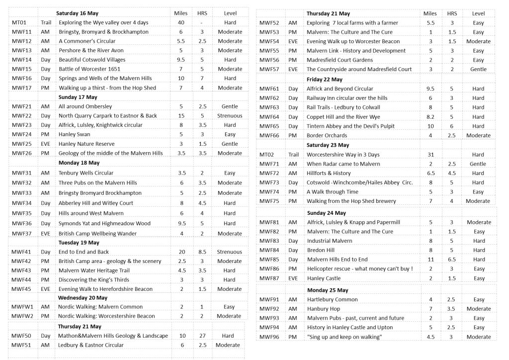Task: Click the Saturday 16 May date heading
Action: (78, 13)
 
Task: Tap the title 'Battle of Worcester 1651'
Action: (89, 69)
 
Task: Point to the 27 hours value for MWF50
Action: (202, 336)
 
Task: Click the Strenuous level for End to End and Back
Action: (229, 252)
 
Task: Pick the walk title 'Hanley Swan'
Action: (75, 134)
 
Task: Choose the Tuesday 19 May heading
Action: (79, 243)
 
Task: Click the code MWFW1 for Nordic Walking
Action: (22, 307)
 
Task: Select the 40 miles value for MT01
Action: (181, 22)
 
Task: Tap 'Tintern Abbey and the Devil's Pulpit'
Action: (350, 126)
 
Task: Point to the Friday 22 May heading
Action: (324, 80)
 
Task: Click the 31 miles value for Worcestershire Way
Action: (430, 155)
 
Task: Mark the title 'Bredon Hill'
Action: (321, 250)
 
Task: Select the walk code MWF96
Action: (269, 337)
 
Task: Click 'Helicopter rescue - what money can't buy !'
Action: (360, 269)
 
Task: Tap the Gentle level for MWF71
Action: (478, 164)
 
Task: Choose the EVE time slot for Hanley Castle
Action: (293, 278)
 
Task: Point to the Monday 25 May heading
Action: (327, 290)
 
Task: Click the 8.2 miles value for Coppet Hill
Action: (430, 117)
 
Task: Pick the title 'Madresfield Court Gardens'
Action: (339, 60)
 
